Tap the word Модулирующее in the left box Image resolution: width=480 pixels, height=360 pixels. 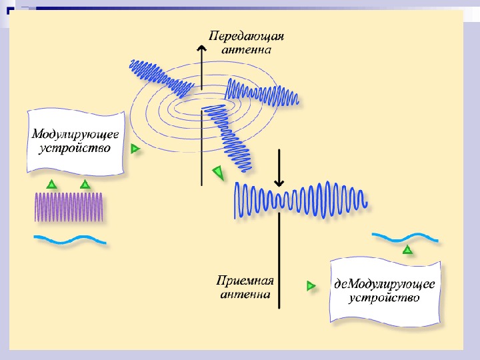(x=76, y=134)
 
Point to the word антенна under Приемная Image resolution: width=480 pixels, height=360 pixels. (x=245, y=294)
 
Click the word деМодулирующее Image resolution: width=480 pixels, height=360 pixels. (x=385, y=283)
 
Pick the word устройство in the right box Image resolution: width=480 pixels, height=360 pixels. (x=385, y=298)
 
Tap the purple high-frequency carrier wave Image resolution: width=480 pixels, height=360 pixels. (x=69, y=207)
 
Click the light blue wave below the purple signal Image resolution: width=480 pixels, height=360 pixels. (x=71, y=239)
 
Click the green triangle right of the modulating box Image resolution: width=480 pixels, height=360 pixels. (x=135, y=149)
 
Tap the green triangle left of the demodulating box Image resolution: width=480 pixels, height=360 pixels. (x=311, y=285)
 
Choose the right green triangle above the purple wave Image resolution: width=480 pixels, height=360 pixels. (x=85, y=184)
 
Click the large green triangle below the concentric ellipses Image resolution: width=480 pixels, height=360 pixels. (x=218, y=173)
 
